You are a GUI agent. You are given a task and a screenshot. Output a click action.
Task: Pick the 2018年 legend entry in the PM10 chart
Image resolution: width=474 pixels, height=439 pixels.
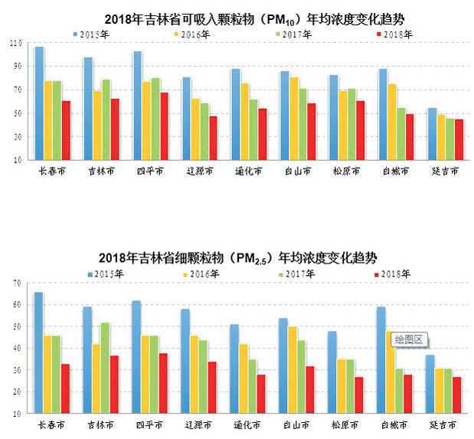(396, 34)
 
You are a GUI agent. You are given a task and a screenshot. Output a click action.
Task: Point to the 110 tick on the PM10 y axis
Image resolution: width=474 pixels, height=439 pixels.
(15, 44)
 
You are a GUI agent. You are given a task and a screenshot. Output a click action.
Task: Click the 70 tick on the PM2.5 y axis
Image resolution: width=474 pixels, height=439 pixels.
(16, 283)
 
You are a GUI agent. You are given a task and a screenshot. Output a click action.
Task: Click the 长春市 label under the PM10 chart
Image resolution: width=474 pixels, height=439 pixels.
(52, 172)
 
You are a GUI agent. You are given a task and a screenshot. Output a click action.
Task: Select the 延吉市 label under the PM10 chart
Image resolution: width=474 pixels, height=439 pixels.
(444, 172)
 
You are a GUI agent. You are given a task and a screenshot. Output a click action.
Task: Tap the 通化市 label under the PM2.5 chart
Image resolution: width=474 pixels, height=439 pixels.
(248, 424)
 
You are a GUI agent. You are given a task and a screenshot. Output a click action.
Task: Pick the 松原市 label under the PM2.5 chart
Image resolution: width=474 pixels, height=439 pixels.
(346, 424)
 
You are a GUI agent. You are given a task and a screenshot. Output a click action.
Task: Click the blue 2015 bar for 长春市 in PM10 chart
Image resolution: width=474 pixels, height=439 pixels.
(39, 103)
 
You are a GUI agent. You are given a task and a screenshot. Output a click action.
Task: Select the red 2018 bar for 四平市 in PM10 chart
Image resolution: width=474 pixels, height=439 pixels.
(164, 126)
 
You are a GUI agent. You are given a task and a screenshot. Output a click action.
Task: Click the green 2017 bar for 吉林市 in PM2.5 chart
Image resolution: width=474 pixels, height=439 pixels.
(105, 368)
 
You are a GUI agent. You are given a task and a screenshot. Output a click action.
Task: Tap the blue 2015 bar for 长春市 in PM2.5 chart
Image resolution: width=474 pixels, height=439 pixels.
(39, 352)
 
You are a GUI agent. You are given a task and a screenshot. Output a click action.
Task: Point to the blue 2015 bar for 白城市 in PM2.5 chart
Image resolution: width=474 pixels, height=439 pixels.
(381, 360)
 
